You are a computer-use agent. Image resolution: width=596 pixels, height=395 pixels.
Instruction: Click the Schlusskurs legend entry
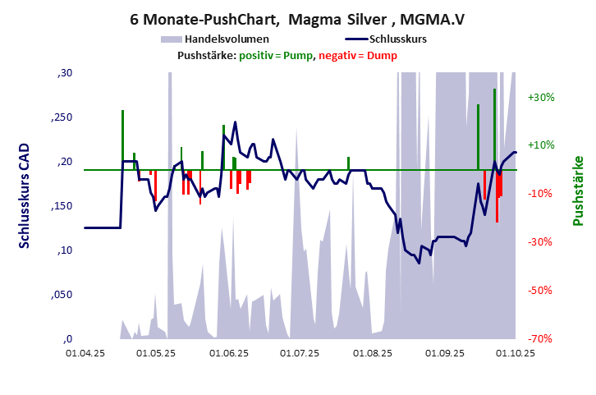[x=397, y=39]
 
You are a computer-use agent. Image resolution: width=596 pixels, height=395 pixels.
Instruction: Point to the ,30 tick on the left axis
[x=64, y=74]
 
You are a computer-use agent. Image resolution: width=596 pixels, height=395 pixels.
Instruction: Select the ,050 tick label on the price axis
[x=62, y=295]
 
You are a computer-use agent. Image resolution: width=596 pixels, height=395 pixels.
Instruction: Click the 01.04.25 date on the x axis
[x=85, y=354]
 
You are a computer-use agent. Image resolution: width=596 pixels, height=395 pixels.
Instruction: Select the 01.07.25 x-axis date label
[x=299, y=354]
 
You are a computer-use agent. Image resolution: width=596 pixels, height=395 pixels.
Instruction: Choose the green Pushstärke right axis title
[x=578, y=191]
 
